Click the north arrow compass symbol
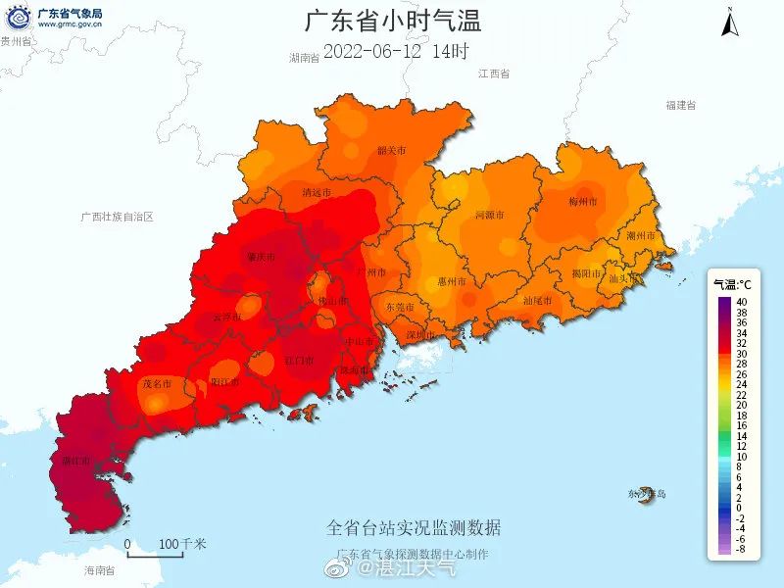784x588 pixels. point(730,22)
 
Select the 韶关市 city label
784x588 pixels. point(391,151)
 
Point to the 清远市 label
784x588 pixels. point(318,192)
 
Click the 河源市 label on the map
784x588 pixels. point(489,214)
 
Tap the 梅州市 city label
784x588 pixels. point(583,202)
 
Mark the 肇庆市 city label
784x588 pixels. point(261,258)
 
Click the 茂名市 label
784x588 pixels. point(157,383)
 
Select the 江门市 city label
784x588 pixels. point(299,361)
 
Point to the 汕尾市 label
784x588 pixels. point(538,301)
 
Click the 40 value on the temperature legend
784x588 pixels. point(742,302)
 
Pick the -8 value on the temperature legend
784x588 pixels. point(742,550)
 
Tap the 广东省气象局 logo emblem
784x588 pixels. point(18,18)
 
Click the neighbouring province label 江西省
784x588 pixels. point(495,74)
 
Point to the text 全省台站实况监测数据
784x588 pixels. point(414,528)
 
